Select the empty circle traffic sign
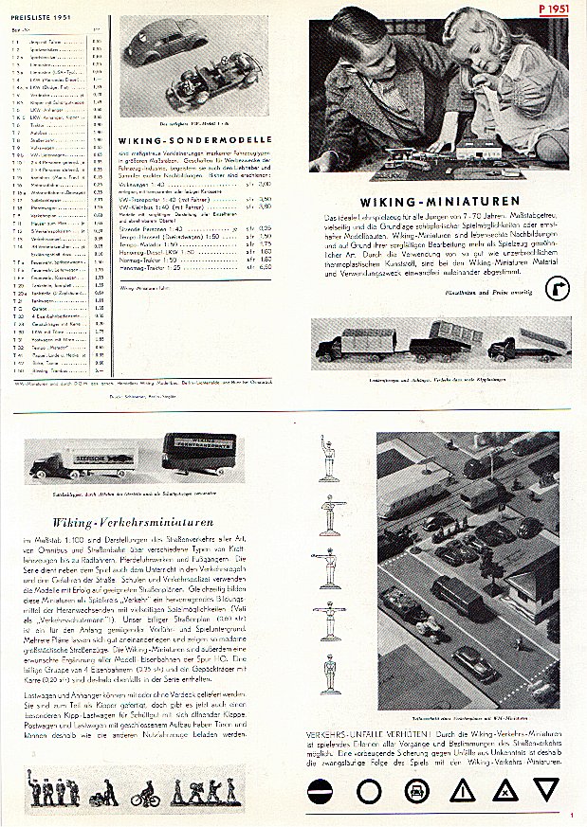368,790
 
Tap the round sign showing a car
413,790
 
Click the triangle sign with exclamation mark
459,791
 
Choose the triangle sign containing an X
504,791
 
